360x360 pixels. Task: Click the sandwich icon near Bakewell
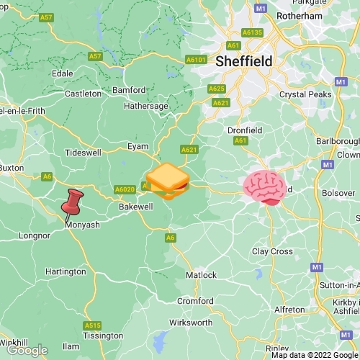coord(167,181)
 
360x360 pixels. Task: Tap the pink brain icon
coord(264,187)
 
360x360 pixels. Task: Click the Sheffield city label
coord(244,62)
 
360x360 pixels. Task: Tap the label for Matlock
coord(201,275)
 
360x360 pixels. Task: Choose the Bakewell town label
coord(135,207)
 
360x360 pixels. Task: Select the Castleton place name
coord(84,94)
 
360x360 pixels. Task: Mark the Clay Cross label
coord(272,251)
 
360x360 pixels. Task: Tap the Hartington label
coord(65,271)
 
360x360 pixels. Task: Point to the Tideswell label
coord(84,153)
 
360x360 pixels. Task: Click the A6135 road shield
coord(252,32)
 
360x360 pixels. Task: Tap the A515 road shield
coord(92,325)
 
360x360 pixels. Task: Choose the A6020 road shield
coord(125,189)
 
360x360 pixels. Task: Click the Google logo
coord(27,350)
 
